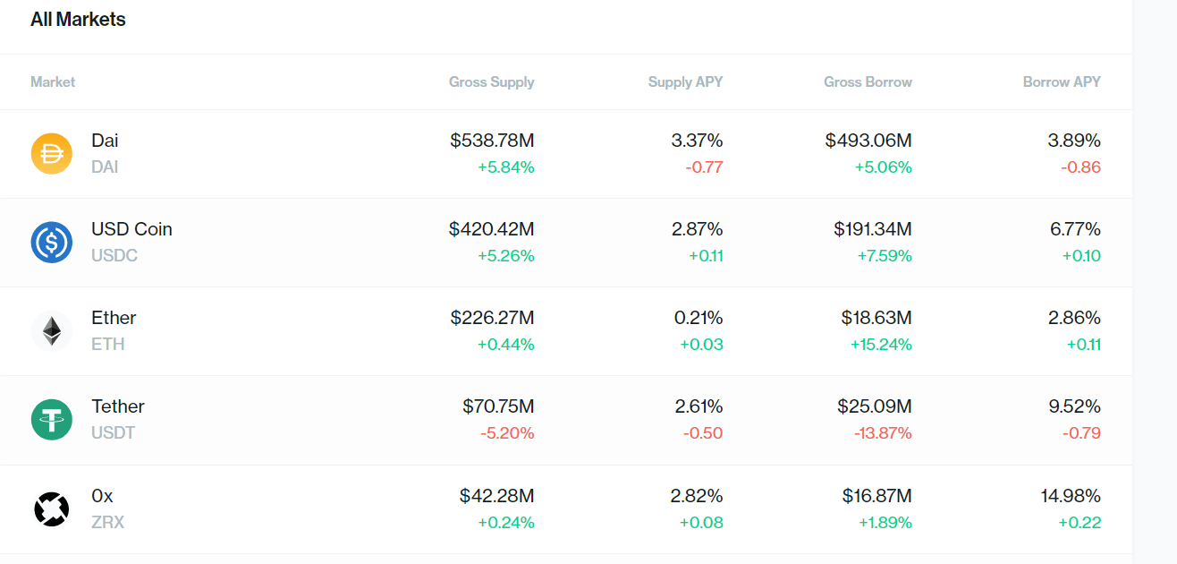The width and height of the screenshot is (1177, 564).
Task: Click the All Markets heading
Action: tap(78, 20)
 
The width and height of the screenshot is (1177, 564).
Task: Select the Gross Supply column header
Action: tap(491, 82)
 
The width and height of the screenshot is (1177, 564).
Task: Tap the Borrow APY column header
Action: tap(1062, 82)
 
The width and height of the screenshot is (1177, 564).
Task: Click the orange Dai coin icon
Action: tap(52, 153)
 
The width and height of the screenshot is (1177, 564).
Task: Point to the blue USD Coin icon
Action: tap(52, 242)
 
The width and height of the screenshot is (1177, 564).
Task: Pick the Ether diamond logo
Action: tap(52, 330)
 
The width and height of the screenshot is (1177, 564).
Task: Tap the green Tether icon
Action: tap(52, 419)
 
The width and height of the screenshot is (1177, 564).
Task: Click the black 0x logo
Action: tap(52, 508)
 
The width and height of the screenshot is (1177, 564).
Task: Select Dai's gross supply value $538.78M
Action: tap(492, 141)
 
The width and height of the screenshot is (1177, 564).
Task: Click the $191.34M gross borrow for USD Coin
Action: tap(873, 229)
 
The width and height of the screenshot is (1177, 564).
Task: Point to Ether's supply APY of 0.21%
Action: tap(699, 318)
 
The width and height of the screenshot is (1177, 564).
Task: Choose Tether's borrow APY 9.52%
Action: tap(1075, 406)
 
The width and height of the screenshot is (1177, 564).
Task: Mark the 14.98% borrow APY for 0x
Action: tap(1071, 496)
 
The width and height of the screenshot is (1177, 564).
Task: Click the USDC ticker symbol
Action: tap(114, 256)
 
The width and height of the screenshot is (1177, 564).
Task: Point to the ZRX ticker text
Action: tap(107, 523)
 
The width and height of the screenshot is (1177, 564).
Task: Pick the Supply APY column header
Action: tap(685, 82)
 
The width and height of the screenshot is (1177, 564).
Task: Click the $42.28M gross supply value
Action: tap(496, 496)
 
